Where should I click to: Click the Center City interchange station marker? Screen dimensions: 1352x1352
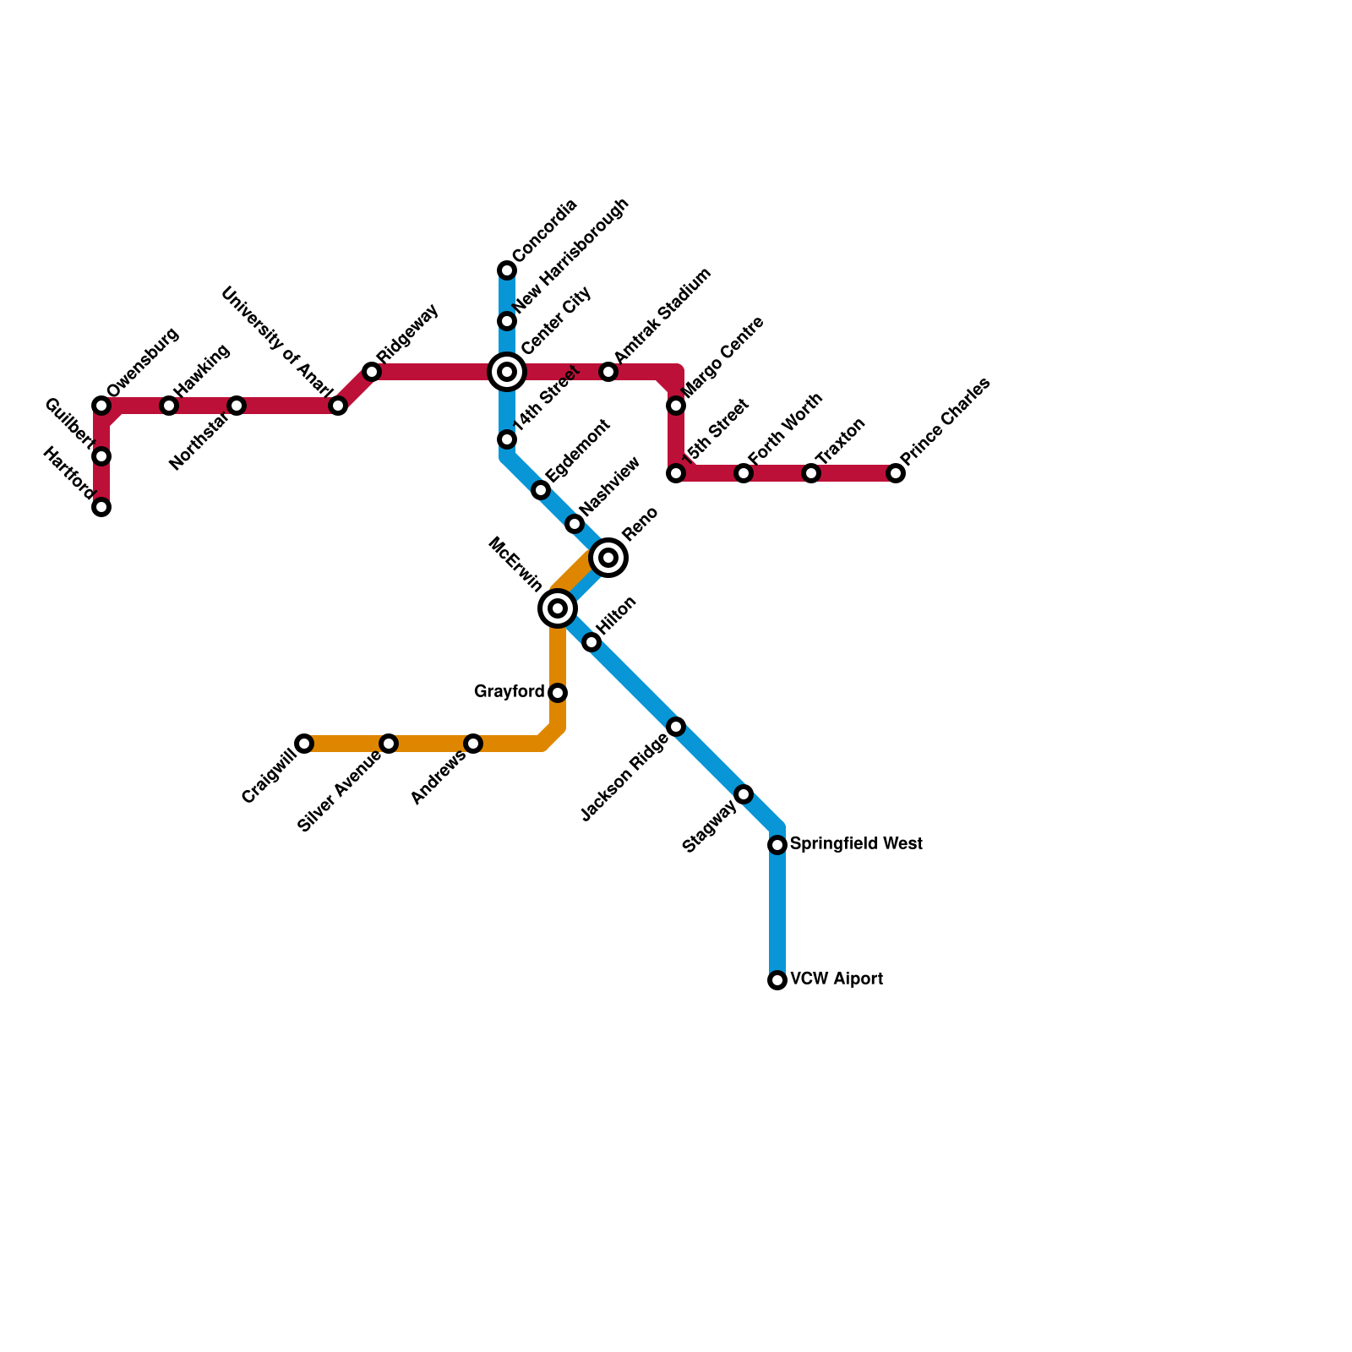point(507,372)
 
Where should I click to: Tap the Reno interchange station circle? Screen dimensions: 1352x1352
point(608,558)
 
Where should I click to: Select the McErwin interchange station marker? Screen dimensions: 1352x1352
point(558,608)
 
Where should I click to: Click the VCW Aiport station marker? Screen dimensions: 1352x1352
point(777,980)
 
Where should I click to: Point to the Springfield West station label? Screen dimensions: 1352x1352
point(856,844)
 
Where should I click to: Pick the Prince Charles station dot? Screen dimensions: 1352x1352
point(896,473)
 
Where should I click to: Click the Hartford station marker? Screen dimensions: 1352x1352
point(101,507)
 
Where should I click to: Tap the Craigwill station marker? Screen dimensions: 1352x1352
point(304,744)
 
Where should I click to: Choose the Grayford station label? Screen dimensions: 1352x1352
point(509,692)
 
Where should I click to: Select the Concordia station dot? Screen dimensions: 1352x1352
point(507,270)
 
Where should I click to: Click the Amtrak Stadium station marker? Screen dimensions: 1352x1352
point(608,372)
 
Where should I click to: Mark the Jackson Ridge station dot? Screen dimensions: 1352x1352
point(676,727)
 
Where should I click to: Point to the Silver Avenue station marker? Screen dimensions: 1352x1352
point(389,744)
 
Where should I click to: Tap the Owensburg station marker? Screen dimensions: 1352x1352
point(101,406)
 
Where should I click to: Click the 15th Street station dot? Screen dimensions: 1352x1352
point(676,473)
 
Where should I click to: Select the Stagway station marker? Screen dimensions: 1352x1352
point(744,794)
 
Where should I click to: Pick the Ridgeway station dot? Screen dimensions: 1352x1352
point(372,372)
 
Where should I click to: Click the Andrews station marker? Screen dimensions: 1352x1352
point(473,744)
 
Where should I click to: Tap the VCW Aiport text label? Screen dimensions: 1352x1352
point(837,979)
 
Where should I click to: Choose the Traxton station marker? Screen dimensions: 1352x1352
point(811,473)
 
